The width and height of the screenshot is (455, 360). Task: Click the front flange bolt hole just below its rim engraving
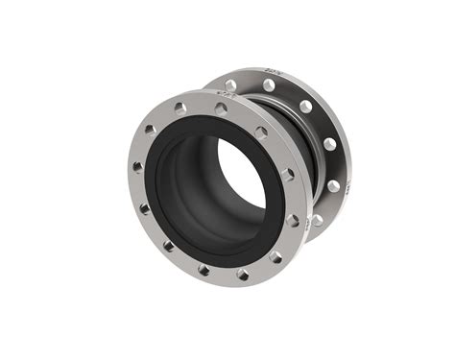click(x=222, y=108)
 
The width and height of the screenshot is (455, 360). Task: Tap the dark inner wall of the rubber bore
click(x=192, y=182)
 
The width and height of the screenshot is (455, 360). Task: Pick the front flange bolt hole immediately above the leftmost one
click(x=150, y=129)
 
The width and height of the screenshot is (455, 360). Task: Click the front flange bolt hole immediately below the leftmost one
click(x=145, y=207)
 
